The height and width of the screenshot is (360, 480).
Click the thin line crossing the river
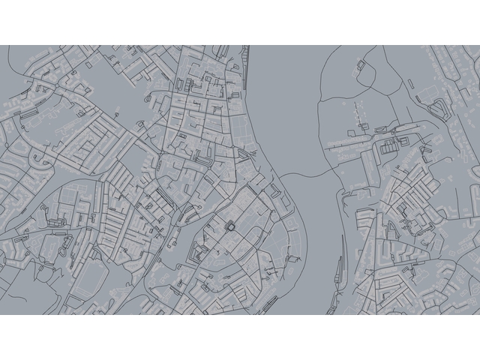coord(304,174)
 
